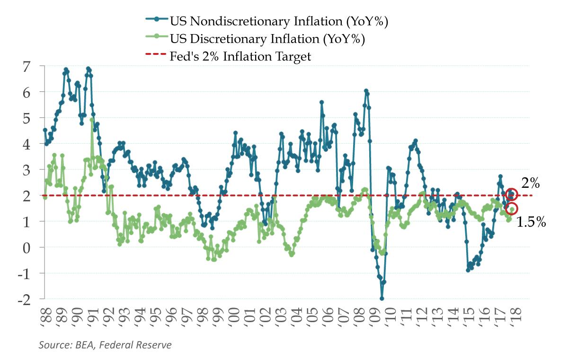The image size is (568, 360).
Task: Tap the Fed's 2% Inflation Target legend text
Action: pyautogui.click(x=240, y=57)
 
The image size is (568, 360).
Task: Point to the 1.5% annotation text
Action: pyautogui.click(x=531, y=221)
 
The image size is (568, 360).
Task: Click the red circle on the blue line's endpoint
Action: pyautogui.click(x=511, y=194)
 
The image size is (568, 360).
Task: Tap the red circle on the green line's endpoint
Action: pyautogui.click(x=511, y=209)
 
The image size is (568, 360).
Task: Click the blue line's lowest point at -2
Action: pyautogui.click(x=382, y=299)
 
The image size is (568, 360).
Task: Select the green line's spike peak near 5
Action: pyautogui.click(x=92, y=120)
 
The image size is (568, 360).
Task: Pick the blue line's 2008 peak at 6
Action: pyautogui.click(x=366, y=90)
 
